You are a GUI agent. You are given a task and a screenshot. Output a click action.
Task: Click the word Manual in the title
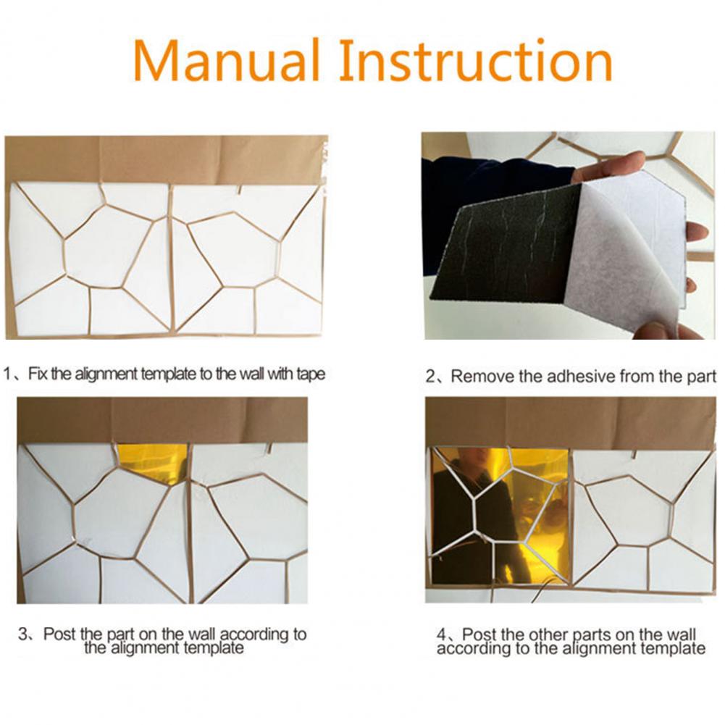click(227, 60)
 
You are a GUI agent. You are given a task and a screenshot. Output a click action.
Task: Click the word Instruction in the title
click(476, 60)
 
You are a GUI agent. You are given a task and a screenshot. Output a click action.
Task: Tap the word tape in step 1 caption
click(311, 374)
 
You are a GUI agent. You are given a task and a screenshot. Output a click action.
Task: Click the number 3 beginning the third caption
click(23, 634)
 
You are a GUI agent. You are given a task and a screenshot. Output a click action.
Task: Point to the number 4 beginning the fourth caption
click(442, 634)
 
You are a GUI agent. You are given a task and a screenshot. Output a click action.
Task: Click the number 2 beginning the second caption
click(430, 377)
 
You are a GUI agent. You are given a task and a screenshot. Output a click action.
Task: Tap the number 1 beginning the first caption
click(7, 374)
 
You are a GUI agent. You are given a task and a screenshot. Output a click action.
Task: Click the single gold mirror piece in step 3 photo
click(154, 462)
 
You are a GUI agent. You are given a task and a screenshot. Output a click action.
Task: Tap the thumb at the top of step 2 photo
click(611, 166)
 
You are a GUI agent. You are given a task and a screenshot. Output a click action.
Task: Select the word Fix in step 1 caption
click(38, 374)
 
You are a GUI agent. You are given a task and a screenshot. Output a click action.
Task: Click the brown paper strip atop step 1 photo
click(166, 159)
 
